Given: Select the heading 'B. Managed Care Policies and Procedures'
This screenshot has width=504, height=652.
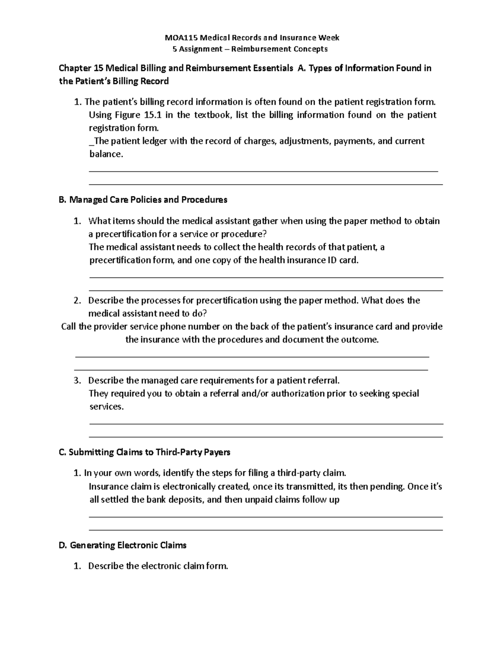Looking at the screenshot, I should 143,200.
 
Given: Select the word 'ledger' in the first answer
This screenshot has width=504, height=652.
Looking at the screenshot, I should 154,141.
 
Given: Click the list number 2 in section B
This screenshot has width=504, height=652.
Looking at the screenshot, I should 76,301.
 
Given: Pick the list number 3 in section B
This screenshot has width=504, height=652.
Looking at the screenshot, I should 76,381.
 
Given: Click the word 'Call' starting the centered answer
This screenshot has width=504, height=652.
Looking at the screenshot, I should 69,327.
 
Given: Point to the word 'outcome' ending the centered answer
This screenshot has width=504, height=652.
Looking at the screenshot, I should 362,340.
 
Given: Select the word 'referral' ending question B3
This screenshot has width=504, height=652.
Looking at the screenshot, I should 323,381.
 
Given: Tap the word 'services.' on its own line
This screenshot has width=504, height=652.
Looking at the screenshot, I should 107,407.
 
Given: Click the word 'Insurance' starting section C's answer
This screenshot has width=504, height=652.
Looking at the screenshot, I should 108,487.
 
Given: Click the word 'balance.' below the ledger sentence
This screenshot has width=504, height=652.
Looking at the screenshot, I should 107,154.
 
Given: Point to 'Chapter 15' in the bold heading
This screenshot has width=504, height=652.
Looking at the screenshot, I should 80,68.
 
